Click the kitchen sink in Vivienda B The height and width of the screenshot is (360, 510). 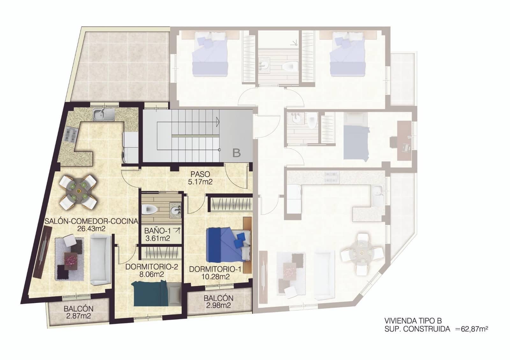pos(104,114)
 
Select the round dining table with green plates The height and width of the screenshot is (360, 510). pos(78,193)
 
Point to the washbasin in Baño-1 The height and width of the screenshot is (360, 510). pos(175,210)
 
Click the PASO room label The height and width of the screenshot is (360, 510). pos(200,174)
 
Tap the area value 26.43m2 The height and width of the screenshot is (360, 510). pos(91,228)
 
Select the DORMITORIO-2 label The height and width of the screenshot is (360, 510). pos(151,267)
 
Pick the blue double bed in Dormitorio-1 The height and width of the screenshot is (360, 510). pos(226,244)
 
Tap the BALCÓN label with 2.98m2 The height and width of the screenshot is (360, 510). pos(218,299)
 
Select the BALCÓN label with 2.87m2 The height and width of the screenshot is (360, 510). pos(78,309)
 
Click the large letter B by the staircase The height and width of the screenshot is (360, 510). pos(237,153)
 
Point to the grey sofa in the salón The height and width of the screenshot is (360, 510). pos(100,259)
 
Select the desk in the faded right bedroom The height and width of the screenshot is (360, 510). pos(404,140)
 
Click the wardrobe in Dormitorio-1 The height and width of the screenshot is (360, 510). pos(230,203)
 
